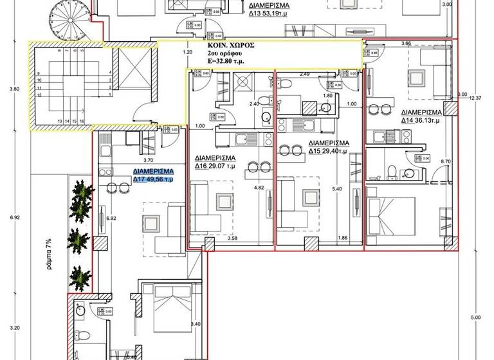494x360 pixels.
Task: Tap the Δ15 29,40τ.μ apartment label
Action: pyautogui.click(x=328, y=147)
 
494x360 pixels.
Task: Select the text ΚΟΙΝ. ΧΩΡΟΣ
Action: pyautogui.click(x=230, y=46)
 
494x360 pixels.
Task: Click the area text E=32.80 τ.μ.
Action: pyautogui.click(x=230, y=63)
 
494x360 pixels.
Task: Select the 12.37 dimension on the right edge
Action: pyautogui.click(x=475, y=98)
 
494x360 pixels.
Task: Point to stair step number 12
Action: pyautogui.click(x=40, y=95)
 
